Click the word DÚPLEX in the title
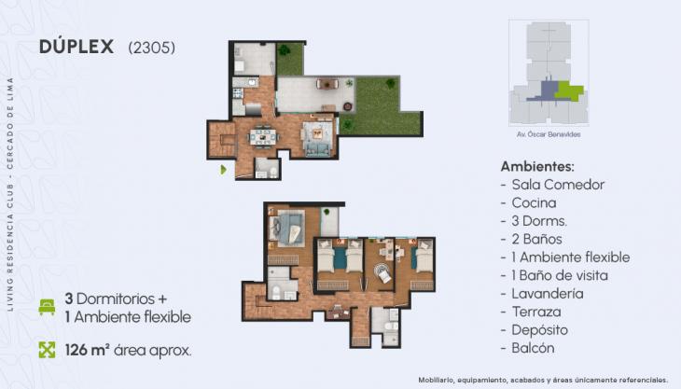click(77, 48)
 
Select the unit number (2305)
click(150, 48)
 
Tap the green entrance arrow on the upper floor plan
click(223, 170)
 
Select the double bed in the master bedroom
click(286, 226)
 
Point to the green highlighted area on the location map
click(571, 91)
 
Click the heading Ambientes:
click(537, 166)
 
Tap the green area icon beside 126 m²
click(47, 351)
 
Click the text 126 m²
click(87, 351)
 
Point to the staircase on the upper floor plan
click(225, 142)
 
